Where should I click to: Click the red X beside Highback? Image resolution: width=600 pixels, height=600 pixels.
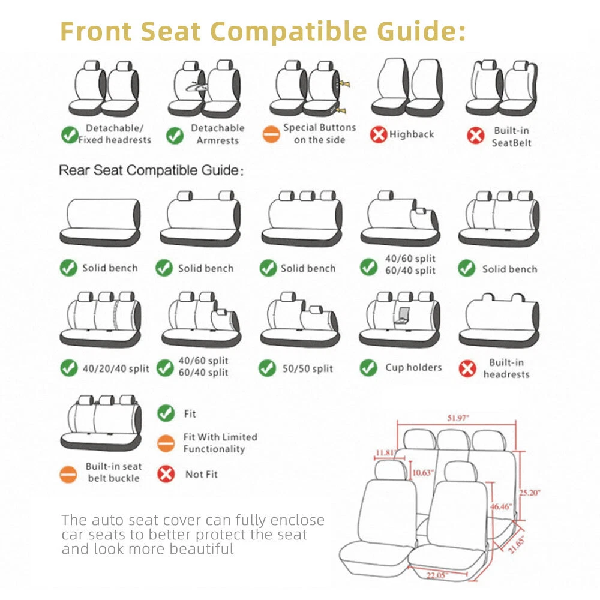(379, 134)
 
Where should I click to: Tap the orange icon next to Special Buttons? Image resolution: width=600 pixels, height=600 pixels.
(271, 134)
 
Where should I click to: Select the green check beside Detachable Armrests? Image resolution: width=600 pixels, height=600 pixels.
(175, 135)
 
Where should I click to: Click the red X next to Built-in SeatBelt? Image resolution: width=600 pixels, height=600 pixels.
(476, 136)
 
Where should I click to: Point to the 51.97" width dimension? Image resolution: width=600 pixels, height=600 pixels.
(458, 418)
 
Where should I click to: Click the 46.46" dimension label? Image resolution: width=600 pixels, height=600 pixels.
(501, 506)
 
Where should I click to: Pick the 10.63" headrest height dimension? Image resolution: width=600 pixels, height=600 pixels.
(423, 473)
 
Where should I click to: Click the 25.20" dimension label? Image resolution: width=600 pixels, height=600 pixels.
(530, 493)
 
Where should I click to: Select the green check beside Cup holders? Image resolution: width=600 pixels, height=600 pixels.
(368, 368)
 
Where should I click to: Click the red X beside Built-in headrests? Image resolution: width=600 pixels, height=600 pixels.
(467, 368)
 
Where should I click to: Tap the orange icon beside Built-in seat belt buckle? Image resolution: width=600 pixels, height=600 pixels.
(68, 474)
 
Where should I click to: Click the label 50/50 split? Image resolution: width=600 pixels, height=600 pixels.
(308, 368)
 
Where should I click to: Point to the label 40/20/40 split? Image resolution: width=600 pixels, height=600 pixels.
(116, 368)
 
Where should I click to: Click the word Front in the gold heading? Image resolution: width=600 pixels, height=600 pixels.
(96, 31)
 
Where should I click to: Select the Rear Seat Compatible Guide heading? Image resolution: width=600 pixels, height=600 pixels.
(151, 170)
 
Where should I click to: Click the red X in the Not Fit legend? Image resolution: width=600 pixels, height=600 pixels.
(166, 474)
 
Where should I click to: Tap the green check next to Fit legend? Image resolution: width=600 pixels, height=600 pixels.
(166, 413)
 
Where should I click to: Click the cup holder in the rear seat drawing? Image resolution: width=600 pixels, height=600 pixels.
(403, 316)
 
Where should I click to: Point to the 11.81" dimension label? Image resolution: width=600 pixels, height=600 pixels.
(385, 452)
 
